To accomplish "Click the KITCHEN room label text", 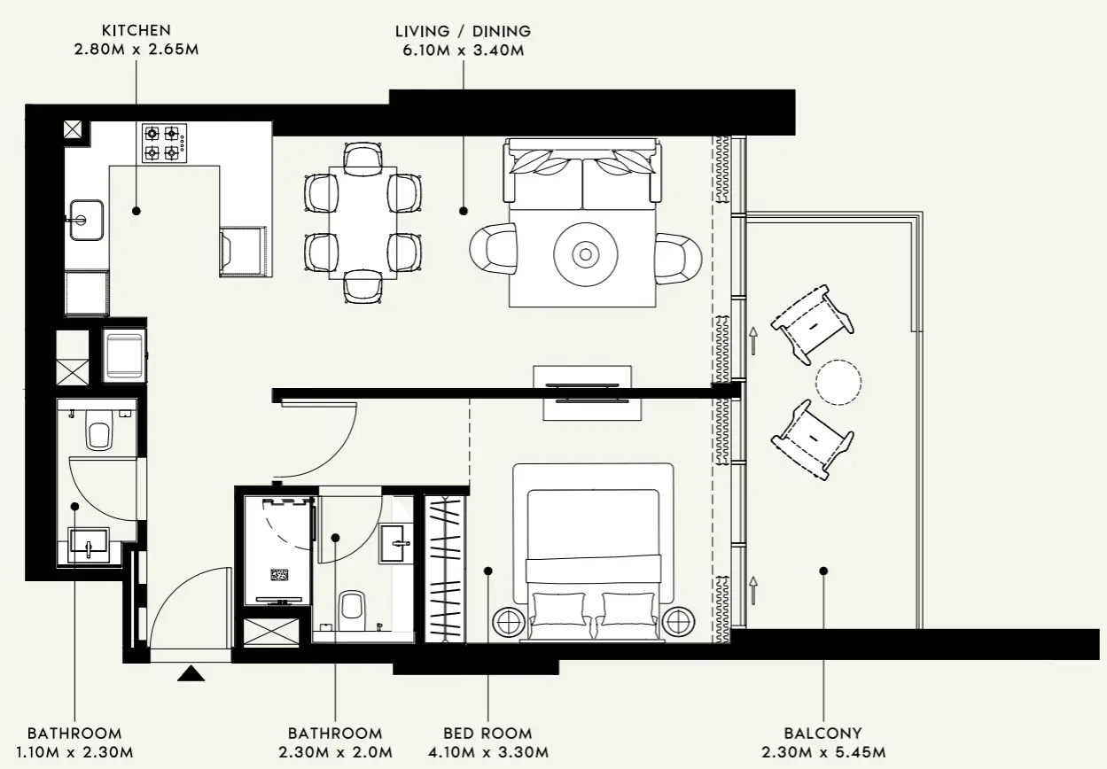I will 136,31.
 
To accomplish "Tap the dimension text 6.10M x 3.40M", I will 463,50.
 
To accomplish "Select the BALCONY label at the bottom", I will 822,734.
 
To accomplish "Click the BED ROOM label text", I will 487,734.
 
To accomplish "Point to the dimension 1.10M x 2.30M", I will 74,753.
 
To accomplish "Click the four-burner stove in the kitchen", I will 164,144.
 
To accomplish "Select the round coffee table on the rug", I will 585,254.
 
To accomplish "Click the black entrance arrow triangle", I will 191,675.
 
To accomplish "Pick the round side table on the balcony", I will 838,383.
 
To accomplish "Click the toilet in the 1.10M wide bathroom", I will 97,434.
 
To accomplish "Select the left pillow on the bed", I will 559,609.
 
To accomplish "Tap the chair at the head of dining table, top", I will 362,157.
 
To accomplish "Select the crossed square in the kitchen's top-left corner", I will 74,129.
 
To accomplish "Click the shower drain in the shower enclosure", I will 280,575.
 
